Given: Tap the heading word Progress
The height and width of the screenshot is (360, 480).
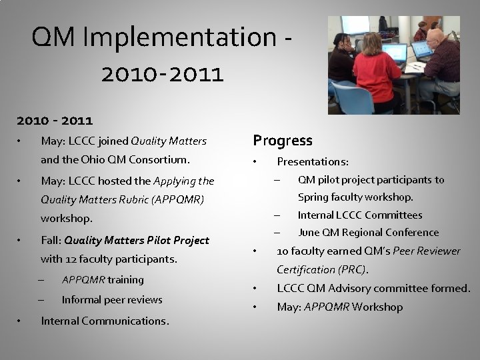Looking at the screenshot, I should pos(283,141).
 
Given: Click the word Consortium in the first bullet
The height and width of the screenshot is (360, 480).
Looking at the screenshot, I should pos(158,159).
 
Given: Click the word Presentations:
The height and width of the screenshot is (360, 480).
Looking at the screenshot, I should pos(313,161).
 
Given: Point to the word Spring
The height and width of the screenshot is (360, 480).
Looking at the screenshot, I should pos(313,197).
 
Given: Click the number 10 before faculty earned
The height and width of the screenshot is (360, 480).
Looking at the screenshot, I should pos(283,251).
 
